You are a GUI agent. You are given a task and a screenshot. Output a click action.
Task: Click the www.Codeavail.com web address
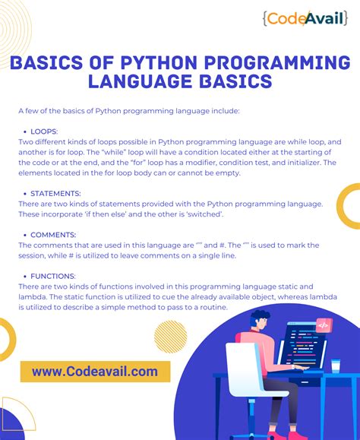click(x=95, y=371)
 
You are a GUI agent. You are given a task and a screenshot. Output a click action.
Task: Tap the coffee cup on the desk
click(x=335, y=366)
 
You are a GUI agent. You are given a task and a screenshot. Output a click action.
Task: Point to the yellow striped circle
click(x=170, y=334)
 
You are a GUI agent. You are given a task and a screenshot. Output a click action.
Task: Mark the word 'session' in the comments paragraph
click(x=35, y=255)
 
